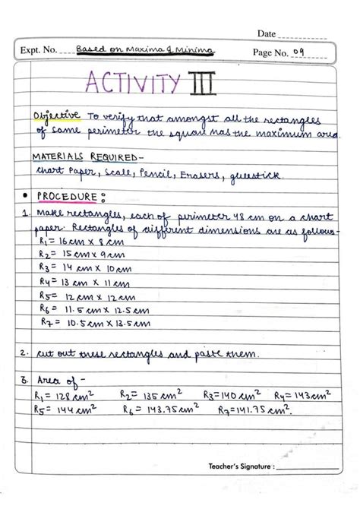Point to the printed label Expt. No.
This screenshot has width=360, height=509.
point(39,52)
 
